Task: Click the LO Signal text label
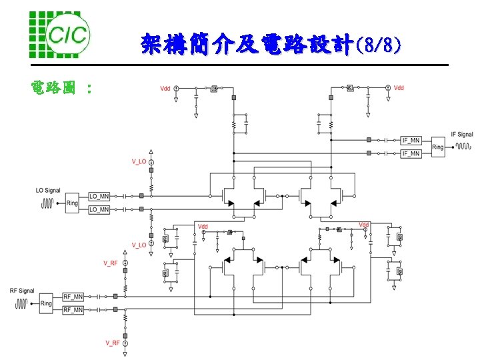tap(48, 191)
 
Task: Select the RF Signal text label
tap(22, 291)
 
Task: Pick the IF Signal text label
tap(463, 135)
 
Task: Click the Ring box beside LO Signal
tap(72, 203)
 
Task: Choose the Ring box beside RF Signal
tap(46, 303)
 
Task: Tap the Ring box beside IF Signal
tap(438, 147)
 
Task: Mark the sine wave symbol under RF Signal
tap(22, 304)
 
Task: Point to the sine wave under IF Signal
tap(463, 146)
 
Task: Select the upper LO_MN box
tap(99, 196)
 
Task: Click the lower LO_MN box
tap(99, 209)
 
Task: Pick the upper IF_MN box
tap(411, 141)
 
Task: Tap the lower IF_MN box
tap(411, 154)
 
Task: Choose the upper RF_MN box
tap(73, 297)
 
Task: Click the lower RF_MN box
tap(73, 310)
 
